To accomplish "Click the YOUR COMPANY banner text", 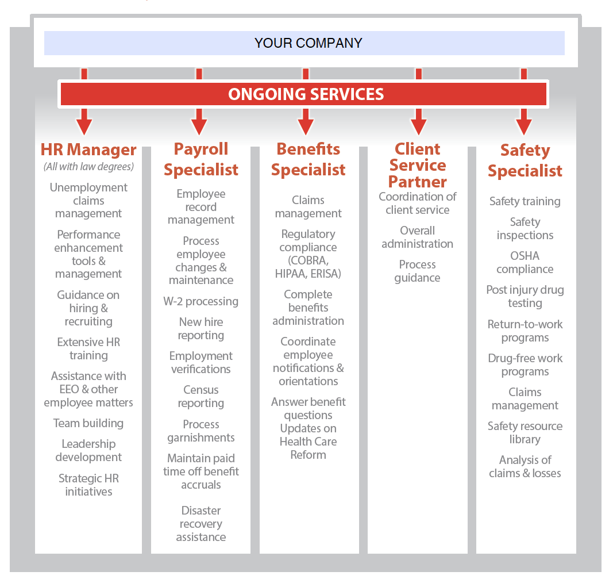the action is pyautogui.click(x=308, y=43).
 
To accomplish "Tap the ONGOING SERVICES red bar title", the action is pyautogui.click(x=306, y=94).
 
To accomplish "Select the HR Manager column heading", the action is pyautogui.click(x=88, y=150).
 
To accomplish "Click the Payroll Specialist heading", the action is pyautogui.click(x=201, y=159).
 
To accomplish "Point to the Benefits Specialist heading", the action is pyautogui.click(x=308, y=159).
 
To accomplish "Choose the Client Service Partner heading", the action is pyautogui.click(x=418, y=165).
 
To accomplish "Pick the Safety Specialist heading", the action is pyautogui.click(x=525, y=160).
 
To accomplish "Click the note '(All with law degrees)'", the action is pyautogui.click(x=88, y=167).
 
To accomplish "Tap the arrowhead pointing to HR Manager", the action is pyautogui.click(x=84, y=126).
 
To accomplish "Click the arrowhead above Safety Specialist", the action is pyautogui.click(x=524, y=126).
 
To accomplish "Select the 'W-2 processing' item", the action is pyautogui.click(x=201, y=301).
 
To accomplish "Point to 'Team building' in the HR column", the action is pyautogui.click(x=88, y=423).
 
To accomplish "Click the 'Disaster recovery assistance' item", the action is pyautogui.click(x=201, y=524).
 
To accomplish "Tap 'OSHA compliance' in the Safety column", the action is pyautogui.click(x=525, y=262).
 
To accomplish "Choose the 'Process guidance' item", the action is pyautogui.click(x=417, y=271).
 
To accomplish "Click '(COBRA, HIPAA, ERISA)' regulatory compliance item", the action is pyautogui.click(x=308, y=267).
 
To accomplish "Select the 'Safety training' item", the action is pyautogui.click(x=525, y=201).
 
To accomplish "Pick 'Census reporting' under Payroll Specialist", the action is pyautogui.click(x=201, y=396).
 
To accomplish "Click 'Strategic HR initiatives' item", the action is pyautogui.click(x=88, y=485).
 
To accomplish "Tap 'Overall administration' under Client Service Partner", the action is pyautogui.click(x=417, y=237).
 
